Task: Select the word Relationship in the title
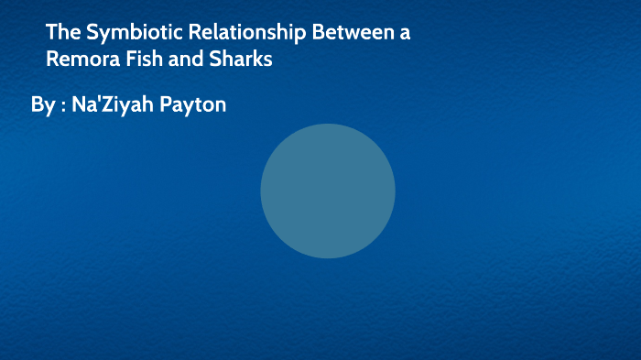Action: coord(239,34)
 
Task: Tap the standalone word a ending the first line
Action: coord(405,35)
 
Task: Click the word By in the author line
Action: coord(42,105)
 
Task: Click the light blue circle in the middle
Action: coord(327,191)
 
